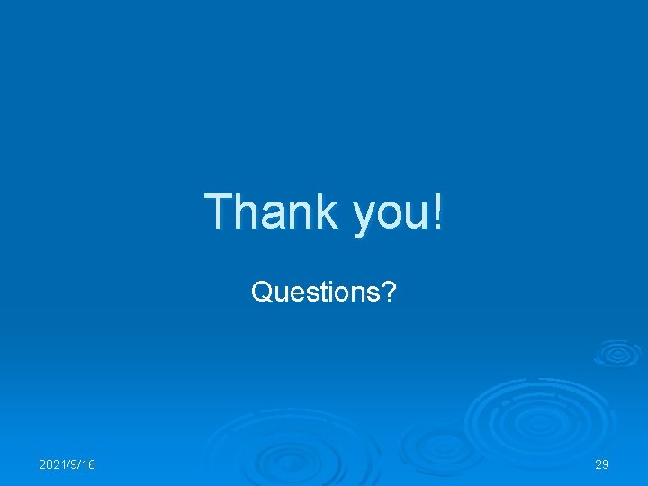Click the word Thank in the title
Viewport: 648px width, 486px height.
[x=270, y=212]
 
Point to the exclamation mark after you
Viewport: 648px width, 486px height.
[x=438, y=211]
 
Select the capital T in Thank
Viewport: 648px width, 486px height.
[x=218, y=211]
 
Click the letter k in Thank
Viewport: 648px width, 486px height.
[x=325, y=211]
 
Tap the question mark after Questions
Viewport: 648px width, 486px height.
[x=387, y=292]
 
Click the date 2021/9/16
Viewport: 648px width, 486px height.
[x=67, y=464]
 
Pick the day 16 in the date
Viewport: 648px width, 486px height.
[x=88, y=464]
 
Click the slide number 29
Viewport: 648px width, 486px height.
[x=602, y=464]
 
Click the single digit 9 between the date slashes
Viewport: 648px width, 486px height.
[x=74, y=464]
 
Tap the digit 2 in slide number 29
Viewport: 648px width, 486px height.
[x=598, y=464]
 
